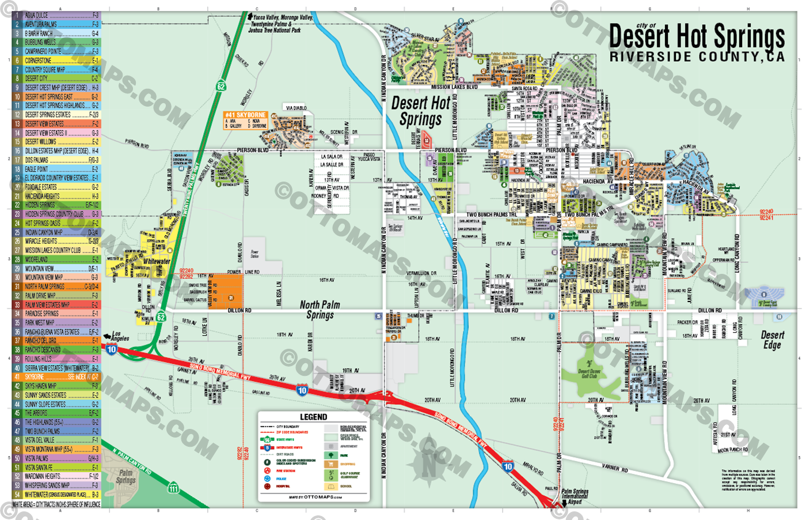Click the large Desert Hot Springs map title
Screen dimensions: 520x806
[697, 37]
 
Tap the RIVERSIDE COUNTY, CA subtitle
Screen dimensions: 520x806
[697, 57]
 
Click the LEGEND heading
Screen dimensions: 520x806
[313, 417]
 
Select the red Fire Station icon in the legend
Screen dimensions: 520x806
[267, 471]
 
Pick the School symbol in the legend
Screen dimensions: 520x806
[330, 487]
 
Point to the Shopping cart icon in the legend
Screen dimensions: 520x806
[330, 464]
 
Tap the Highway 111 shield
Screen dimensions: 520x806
[173, 488]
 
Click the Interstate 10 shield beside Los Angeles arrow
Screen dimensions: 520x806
[111, 349]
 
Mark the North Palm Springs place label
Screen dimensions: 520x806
[320, 310]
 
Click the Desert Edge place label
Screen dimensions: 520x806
[772, 340]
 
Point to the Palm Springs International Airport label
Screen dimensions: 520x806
[575, 496]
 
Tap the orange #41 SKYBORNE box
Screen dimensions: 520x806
[245, 115]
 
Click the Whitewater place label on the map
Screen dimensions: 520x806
[157, 261]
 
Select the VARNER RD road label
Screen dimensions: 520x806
[614, 468]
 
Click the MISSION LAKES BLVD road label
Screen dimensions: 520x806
[454, 87]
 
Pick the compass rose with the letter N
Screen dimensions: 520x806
[429, 462]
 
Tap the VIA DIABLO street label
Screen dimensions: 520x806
[296, 108]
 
